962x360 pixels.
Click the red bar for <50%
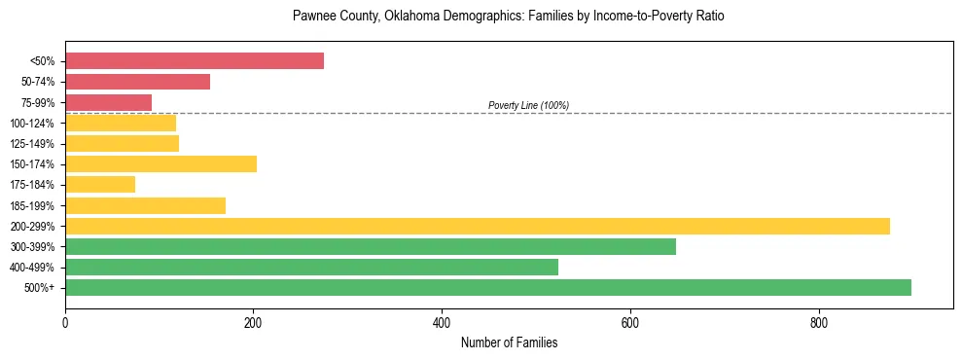[x=195, y=61]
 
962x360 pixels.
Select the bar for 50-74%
[x=137, y=82]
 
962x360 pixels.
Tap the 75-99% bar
[x=108, y=102]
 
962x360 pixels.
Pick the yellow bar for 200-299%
[x=478, y=226]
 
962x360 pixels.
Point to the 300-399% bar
[x=371, y=246]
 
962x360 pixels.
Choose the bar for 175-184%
[x=100, y=185]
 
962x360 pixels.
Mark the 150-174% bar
[x=160, y=164]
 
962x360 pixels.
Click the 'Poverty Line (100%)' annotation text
[x=528, y=105]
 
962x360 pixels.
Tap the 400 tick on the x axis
[x=442, y=322]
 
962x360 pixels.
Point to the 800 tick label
[x=818, y=322]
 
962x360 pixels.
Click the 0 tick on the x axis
[x=65, y=322]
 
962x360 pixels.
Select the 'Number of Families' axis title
[x=509, y=342]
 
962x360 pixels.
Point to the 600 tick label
[x=630, y=322]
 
